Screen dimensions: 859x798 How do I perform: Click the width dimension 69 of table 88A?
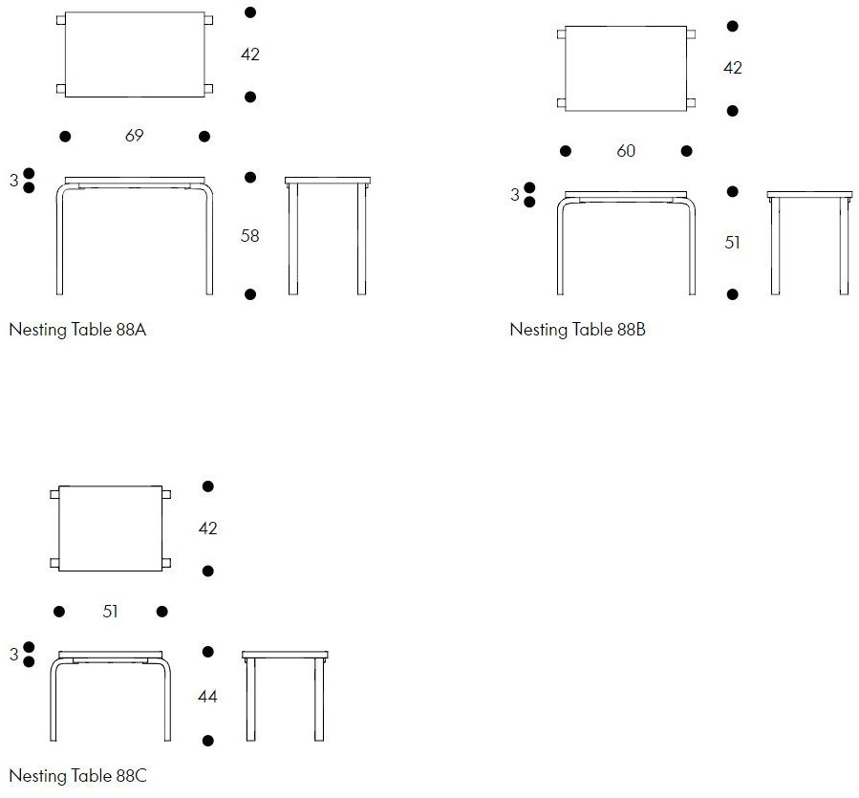pos(134,136)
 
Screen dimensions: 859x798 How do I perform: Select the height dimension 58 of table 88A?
pos(249,236)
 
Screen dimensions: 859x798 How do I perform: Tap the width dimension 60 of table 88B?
pos(626,151)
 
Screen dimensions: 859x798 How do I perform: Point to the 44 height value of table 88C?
pos(207,696)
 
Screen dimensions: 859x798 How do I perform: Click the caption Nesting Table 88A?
pos(77,330)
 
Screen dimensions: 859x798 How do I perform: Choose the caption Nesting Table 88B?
pos(577,330)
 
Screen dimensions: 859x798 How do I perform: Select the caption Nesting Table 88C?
pos(77,775)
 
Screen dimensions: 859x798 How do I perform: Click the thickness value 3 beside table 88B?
pos(514,195)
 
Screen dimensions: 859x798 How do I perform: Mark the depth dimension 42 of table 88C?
pos(207,528)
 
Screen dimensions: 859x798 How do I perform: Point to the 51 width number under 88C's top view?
pos(110,611)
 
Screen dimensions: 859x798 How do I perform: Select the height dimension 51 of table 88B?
pos(733,242)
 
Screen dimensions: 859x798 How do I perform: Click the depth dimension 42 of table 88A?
pos(249,54)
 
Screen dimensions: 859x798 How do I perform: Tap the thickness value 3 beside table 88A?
pos(13,181)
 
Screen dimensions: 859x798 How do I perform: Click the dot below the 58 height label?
pos(250,294)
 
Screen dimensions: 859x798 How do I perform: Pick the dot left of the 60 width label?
pos(566,151)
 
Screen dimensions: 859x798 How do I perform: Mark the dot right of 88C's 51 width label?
pos(162,611)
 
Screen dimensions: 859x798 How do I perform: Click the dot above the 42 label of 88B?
pos(733,27)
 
